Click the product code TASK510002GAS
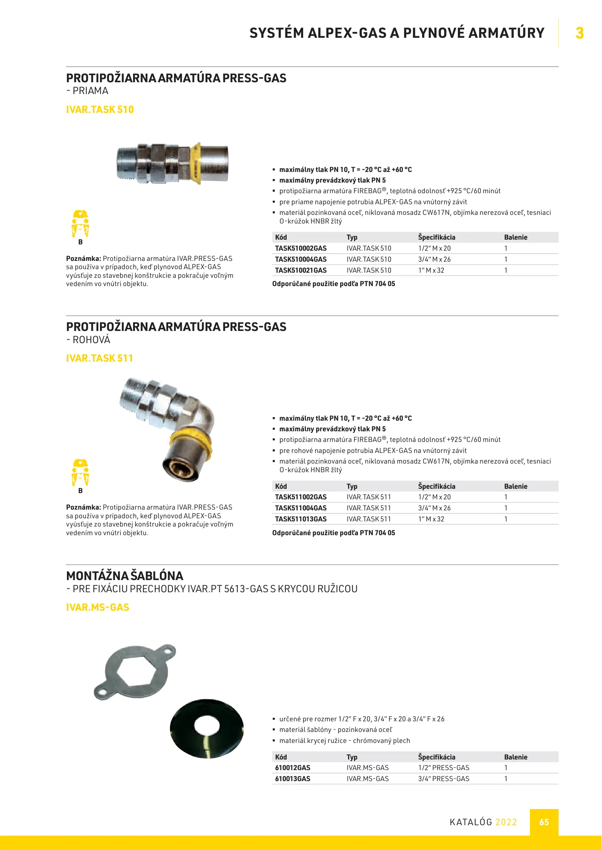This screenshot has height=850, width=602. (x=301, y=248)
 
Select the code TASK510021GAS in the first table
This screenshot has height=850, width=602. (x=301, y=270)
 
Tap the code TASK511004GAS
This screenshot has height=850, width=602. (x=301, y=508)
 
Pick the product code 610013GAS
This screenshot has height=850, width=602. (x=293, y=779)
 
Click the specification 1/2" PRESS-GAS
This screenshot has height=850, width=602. (x=444, y=768)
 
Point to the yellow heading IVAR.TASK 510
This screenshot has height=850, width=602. (x=100, y=109)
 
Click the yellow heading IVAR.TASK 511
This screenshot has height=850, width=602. (x=100, y=358)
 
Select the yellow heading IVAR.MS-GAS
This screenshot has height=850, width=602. (x=98, y=607)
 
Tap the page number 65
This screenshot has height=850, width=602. (x=544, y=822)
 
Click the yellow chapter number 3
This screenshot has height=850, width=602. (x=580, y=33)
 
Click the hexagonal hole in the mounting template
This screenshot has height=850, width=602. (x=136, y=672)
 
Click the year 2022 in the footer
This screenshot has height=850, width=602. (x=506, y=822)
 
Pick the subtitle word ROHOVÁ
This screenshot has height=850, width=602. (x=91, y=340)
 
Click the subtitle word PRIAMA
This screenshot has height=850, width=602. (x=90, y=91)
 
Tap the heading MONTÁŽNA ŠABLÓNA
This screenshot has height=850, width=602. (x=125, y=576)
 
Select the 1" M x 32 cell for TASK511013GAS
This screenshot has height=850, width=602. (x=431, y=519)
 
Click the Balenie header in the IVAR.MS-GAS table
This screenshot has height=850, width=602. (x=516, y=757)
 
